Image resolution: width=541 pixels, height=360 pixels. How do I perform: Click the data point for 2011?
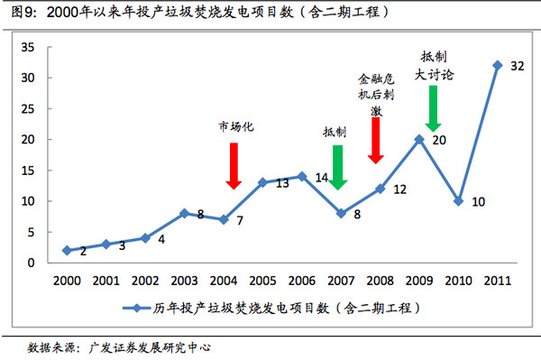pos(497,65)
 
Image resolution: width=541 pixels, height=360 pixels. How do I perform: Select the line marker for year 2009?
pos(418,139)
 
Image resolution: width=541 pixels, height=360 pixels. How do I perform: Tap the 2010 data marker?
pos(458,200)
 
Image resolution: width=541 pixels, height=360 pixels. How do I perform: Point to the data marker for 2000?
pos(66,250)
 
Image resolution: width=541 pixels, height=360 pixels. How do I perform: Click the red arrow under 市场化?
pos(234,165)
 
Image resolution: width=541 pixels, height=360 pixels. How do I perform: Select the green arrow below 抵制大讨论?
pos(433,108)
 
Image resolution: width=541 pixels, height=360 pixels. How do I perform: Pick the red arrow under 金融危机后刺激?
pos(375,141)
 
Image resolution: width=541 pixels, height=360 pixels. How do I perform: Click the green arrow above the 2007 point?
pos(338,166)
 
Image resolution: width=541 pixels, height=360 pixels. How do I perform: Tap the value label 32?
pos(518,67)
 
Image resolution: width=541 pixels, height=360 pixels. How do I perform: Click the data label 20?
pos(439,141)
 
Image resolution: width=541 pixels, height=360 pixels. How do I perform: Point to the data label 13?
pos(281,183)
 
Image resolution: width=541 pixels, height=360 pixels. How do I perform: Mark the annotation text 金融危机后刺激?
pos(377,94)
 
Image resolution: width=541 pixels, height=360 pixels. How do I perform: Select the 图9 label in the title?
pos(23,12)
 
